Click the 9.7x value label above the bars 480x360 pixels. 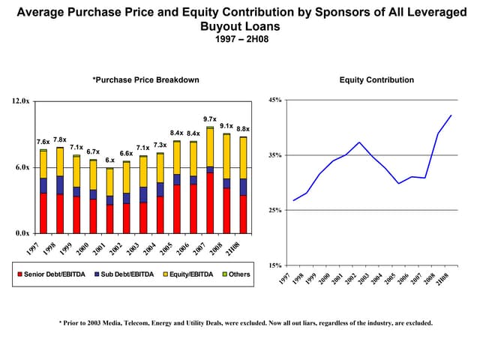coord(210,119)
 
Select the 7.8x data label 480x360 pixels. coord(60,139)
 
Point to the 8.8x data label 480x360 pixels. coord(243,129)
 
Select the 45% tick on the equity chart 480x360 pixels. coord(275,100)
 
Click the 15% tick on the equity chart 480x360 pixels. coord(275,265)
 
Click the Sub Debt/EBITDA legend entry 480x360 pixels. coord(124,274)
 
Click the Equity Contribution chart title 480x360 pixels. coord(376,80)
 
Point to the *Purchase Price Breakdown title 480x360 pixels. coord(145,80)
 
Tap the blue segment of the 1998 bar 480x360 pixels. coord(60,184)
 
